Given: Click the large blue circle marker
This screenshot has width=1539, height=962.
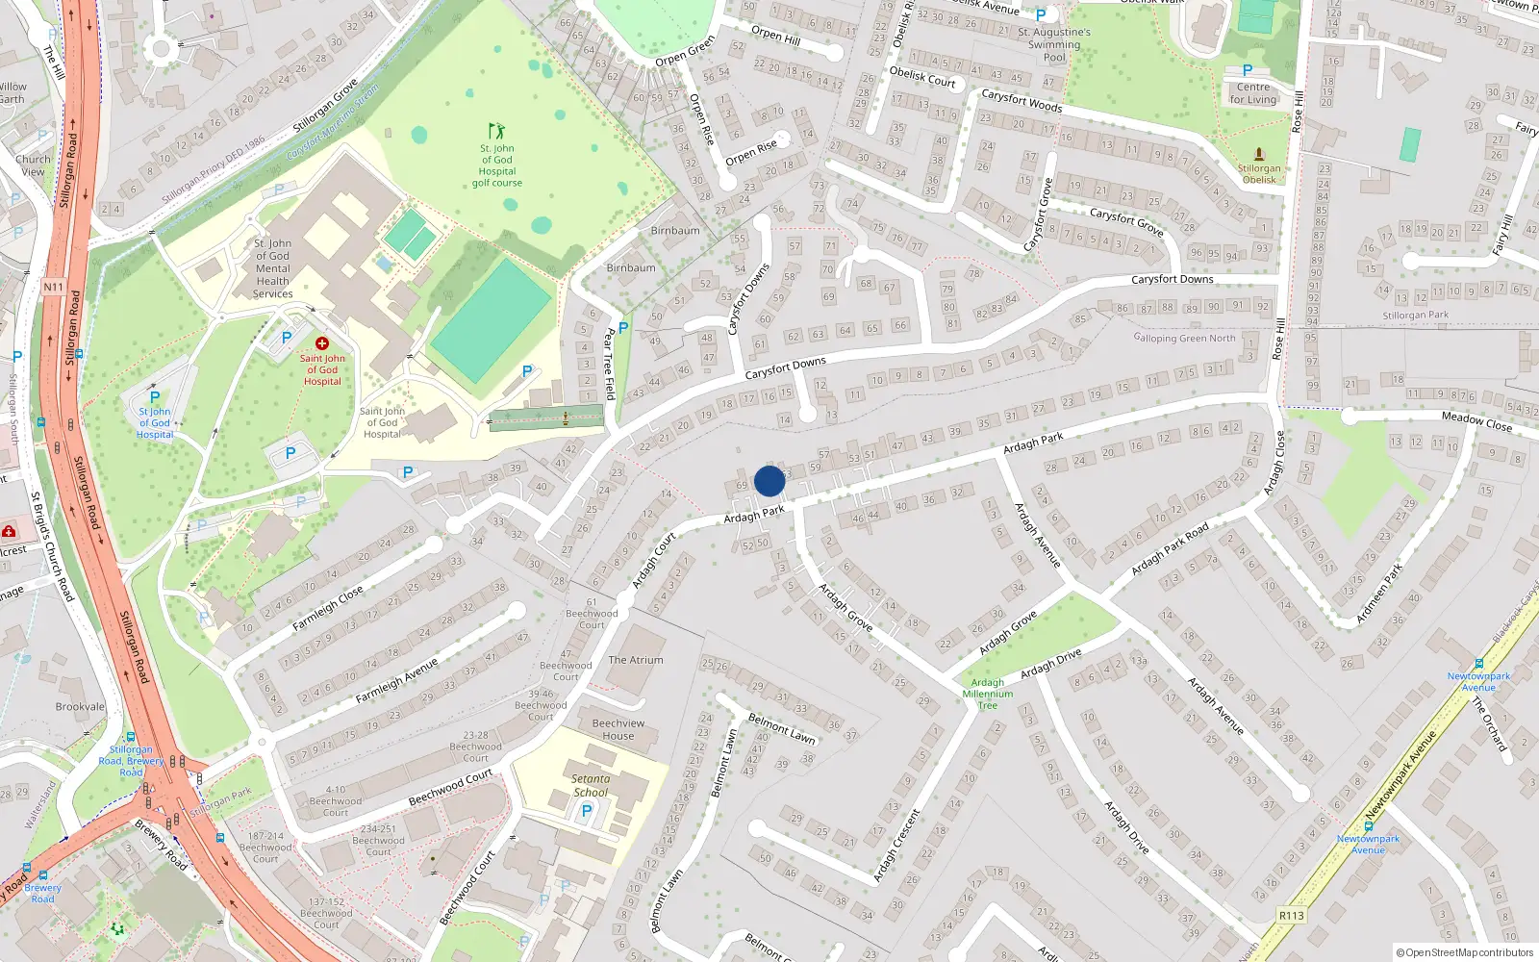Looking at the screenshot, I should (769, 481).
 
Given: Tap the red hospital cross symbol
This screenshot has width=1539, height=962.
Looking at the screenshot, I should (322, 343).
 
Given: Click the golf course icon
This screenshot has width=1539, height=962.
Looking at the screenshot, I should (496, 131).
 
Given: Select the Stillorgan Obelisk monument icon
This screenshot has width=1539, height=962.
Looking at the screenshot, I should (1259, 154).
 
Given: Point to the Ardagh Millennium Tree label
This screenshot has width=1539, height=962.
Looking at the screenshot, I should (988, 694).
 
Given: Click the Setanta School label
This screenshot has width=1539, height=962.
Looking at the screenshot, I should (591, 786).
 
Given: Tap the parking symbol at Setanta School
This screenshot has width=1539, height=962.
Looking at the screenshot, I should (587, 811).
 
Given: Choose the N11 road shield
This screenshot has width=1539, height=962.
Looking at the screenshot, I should (53, 287).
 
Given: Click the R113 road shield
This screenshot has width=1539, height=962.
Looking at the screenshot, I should (1291, 915).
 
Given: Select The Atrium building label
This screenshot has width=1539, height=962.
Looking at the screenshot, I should (636, 660).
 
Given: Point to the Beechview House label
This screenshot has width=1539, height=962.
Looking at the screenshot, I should (618, 729).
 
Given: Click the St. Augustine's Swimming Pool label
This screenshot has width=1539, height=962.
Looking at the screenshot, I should (1054, 44).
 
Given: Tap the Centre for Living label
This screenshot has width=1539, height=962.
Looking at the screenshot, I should (1253, 93).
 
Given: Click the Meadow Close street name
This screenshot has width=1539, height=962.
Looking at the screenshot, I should (1476, 420).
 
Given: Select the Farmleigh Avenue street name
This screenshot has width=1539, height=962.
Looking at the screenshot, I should (396, 680).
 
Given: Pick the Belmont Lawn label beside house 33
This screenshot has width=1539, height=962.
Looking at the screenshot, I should (781, 728).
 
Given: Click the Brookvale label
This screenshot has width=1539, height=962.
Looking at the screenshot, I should (80, 706).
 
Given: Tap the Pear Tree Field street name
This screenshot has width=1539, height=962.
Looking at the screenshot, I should (609, 364).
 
